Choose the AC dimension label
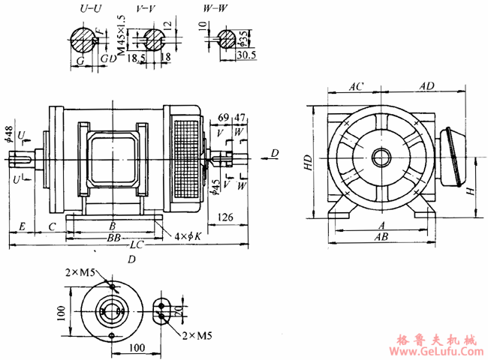(356, 87)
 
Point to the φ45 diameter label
(216, 184)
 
